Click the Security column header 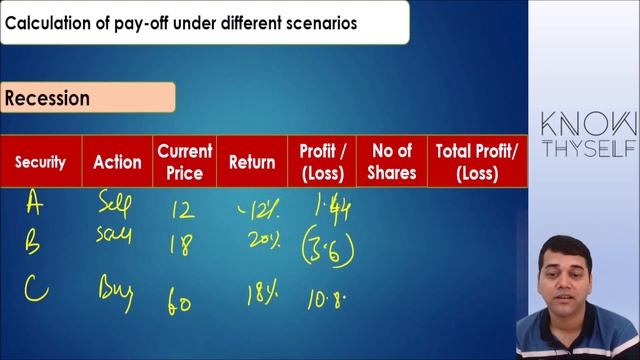pyautogui.click(x=40, y=161)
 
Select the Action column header pyautogui.click(x=117, y=161)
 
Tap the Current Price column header pyautogui.click(x=185, y=161)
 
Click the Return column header pyautogui.click(x=252, y=161)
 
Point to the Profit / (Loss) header pyautogui.click(x=322, y=161)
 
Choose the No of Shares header pyautogui.click(x=391, y=161)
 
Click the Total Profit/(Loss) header pyautogui.click(x=477, y=161)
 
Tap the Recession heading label pyautogui.click(x=48, y=98)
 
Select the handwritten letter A pyautogui.click(x=35, y=205)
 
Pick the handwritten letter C pyautogui.click(x=36, y=289)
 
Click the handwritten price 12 pyautogui.click(x=182, y=210)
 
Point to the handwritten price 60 pyautogui.click(x=180, y=303)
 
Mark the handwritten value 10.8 pyautogui.click(x=326, y=299)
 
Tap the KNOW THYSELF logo pyautogui.click(x=588, y=135)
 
